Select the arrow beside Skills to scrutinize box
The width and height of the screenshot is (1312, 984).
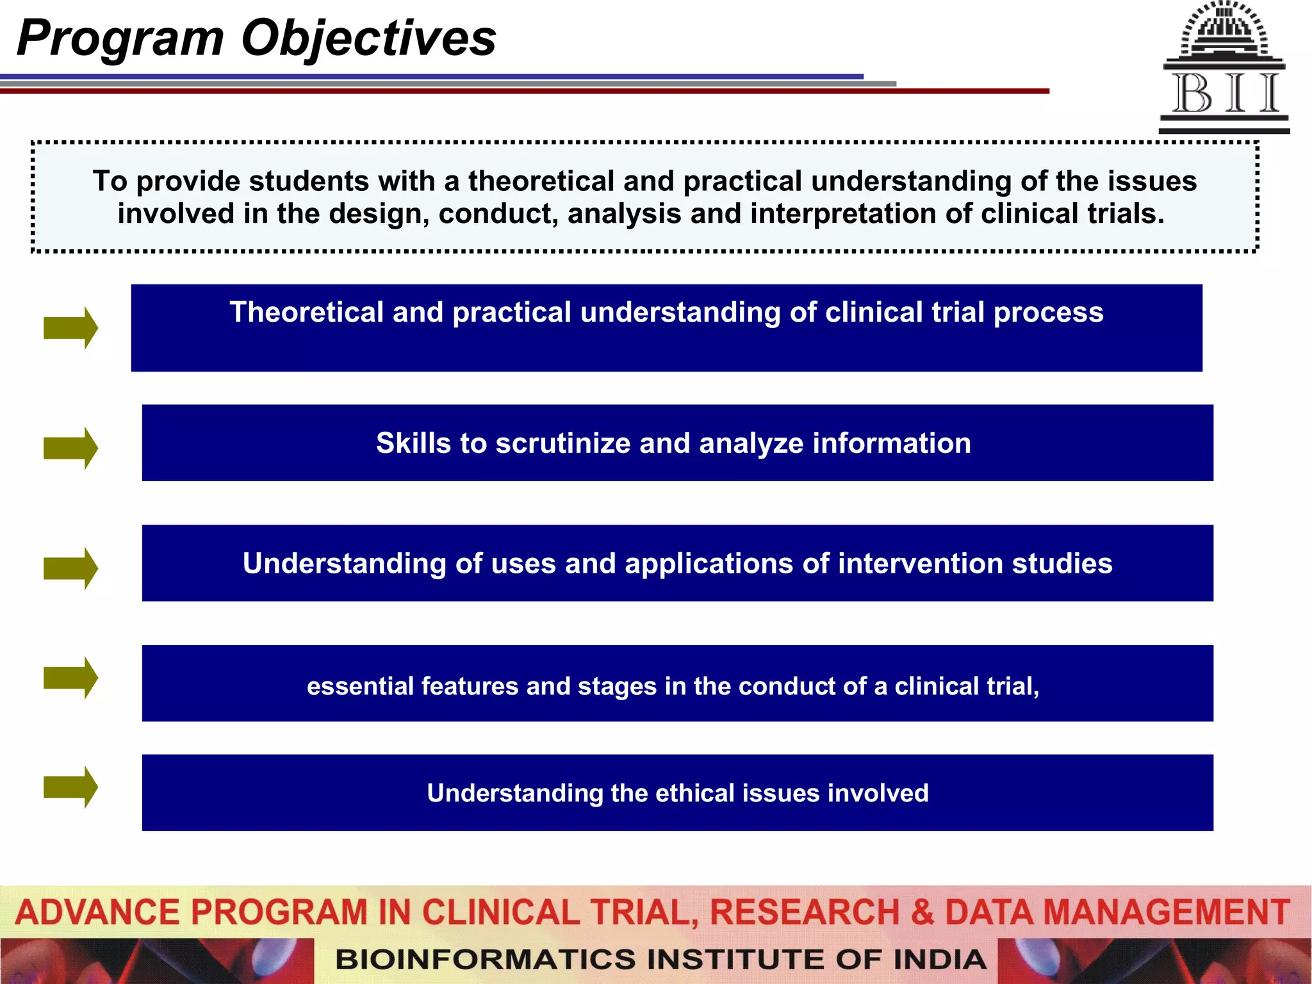coord(70,448)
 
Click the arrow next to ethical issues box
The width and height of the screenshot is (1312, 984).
coord(70,787)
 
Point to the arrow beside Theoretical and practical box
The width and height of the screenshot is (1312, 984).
coord(70,327)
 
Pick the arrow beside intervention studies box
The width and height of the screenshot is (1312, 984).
coord(70,568)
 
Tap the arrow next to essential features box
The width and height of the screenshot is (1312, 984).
coord(70,677)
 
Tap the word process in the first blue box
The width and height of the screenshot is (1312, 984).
coord(1048,313)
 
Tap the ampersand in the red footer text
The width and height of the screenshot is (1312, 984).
coord(922,912)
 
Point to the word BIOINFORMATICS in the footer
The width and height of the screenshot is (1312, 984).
coord(487,960)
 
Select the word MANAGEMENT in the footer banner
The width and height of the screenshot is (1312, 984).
coord(1167,912)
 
